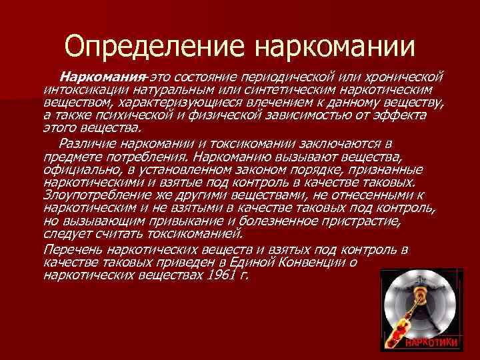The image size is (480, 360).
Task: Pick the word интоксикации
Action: (x=79, y=89)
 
